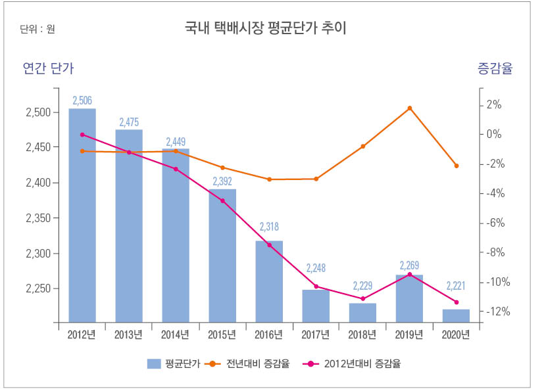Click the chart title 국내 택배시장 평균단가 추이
tap(266, 28)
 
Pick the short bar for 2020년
tap(456, 315)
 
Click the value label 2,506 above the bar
tap(82, 100)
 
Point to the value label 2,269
tap(409, 266)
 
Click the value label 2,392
tap(222, 181)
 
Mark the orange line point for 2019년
tap(409, 108)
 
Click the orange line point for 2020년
tap(456, 166)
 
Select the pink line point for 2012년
tap(82, 135)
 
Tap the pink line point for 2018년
tap(362, 299)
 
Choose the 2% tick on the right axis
tap(494, 105)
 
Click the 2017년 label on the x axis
tap(316, 334)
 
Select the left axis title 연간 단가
tap(48, 68)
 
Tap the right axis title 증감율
tap(494, 68)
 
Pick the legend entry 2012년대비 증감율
tap(362, 363)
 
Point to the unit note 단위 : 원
tap(37, 29)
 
